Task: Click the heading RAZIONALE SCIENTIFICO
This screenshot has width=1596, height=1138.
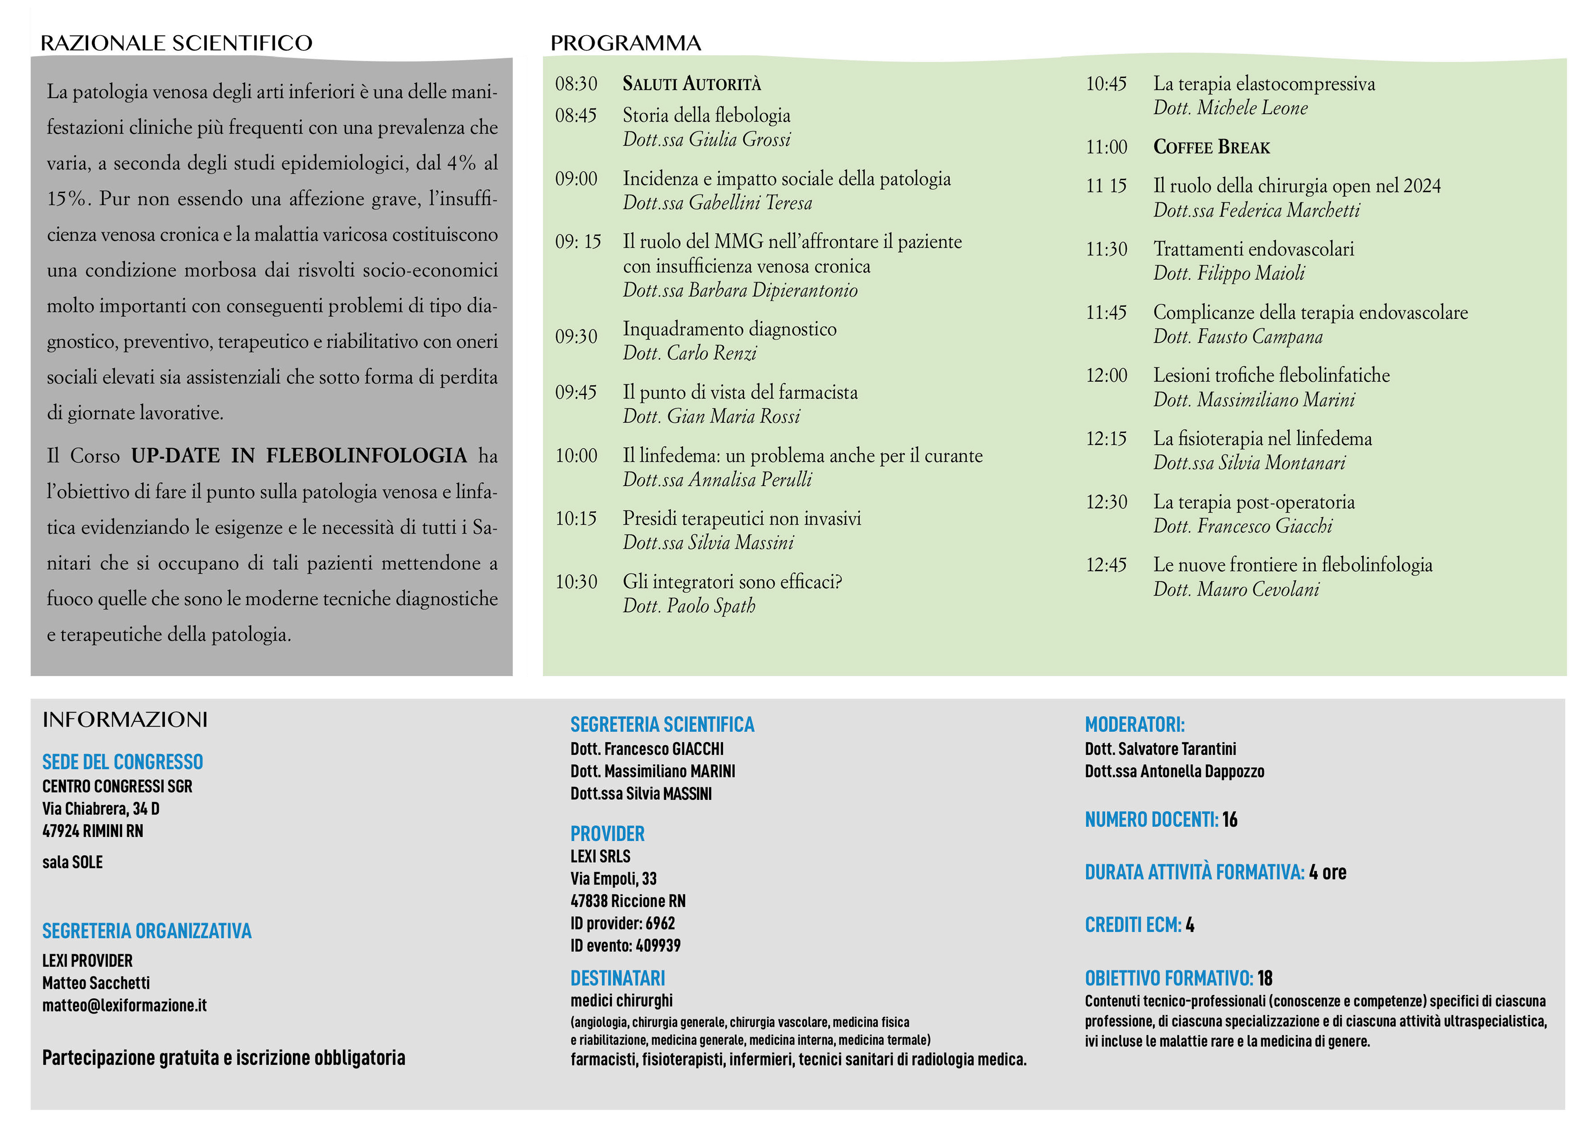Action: [x=177, y=43]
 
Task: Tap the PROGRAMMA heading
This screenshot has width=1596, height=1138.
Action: [x=625, y=43]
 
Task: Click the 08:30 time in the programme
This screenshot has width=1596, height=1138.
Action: [x=576, y=84]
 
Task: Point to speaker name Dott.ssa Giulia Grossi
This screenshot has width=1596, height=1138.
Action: [x=706, y=140]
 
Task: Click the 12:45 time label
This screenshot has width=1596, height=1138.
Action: [x=1106, y=565]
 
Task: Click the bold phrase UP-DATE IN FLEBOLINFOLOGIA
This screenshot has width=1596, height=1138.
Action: [x=299, y=455]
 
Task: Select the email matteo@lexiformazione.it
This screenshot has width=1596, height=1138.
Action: [x=125, y=1005]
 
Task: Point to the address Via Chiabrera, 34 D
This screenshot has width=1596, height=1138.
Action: [x=101, y=809]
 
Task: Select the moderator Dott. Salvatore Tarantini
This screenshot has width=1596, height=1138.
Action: [x=1160, y=749]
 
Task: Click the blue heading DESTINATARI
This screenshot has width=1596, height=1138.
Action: [x=618, y=978]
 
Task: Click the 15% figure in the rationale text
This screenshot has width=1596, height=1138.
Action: [x=68, y=199]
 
